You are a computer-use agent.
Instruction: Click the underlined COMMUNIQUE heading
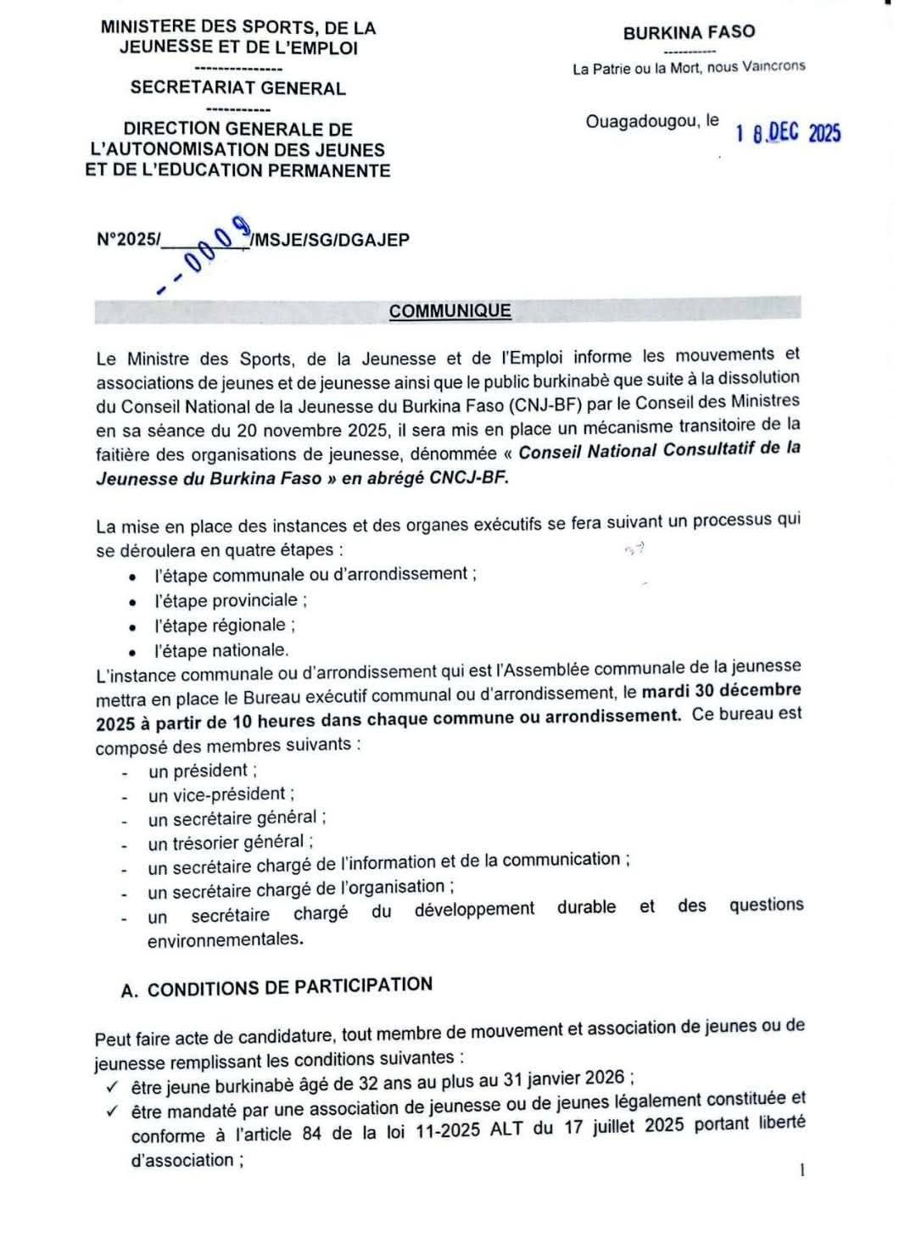click(450, 310)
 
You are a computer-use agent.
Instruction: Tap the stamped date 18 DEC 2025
click(788, 133)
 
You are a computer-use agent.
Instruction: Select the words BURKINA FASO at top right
click(688, 32)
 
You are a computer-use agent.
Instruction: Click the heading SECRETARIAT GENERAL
click(237, 88)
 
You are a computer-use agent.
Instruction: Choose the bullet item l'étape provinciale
click(230, 600)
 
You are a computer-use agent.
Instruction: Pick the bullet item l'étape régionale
click(224, 626)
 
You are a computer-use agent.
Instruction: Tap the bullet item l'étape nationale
click(221, 650)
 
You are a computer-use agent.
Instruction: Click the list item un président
click(202, 771)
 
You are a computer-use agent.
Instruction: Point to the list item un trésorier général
click(230, 843)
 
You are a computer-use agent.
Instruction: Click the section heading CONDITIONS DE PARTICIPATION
click(289, 988)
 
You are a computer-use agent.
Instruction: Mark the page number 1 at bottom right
click(802, 1170)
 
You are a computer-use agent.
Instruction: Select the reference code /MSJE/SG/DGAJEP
click(330, 240)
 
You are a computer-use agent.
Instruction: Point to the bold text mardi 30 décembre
click(721, 690)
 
